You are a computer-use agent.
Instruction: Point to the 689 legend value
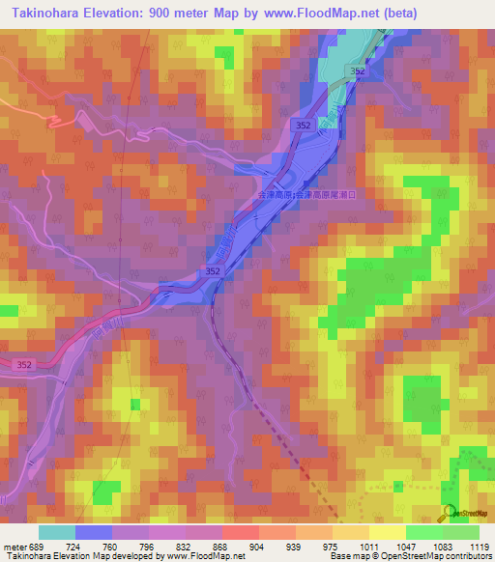click(x=38, y=547)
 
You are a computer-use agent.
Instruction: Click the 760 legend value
click(x=110, y=547)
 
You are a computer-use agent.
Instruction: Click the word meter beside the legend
click(x=14, y=547)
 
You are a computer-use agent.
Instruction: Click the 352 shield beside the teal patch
click(x=359, y=71)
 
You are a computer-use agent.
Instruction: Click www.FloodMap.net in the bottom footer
click(x=205, y=557)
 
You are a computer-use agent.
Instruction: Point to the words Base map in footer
click(x=345, y=557)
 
